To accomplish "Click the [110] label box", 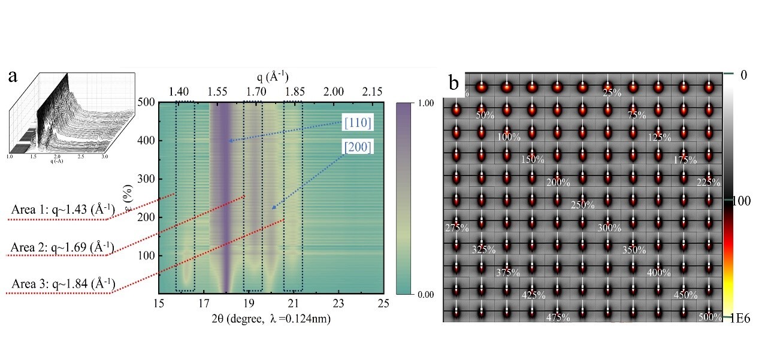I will pyautogui.click(x=359, y=123).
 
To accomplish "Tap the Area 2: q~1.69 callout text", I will pyautogui.click(x=62, y=247).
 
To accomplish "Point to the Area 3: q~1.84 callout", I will pyautogui.click(x=62, y=283).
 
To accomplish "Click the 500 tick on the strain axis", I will pyautogui.click(x=146, y=102).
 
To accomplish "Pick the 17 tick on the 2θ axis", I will pyautogui.click(x=204, y=304).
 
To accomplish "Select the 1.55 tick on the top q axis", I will pyautogui.click(x=217, y=92).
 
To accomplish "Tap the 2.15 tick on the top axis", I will pyautogui.click(x=372, y=92).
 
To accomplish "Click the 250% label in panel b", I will pyautogui.click(x=582, y=205).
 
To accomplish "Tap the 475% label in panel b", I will pyautogui.click(x=558, y=317).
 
